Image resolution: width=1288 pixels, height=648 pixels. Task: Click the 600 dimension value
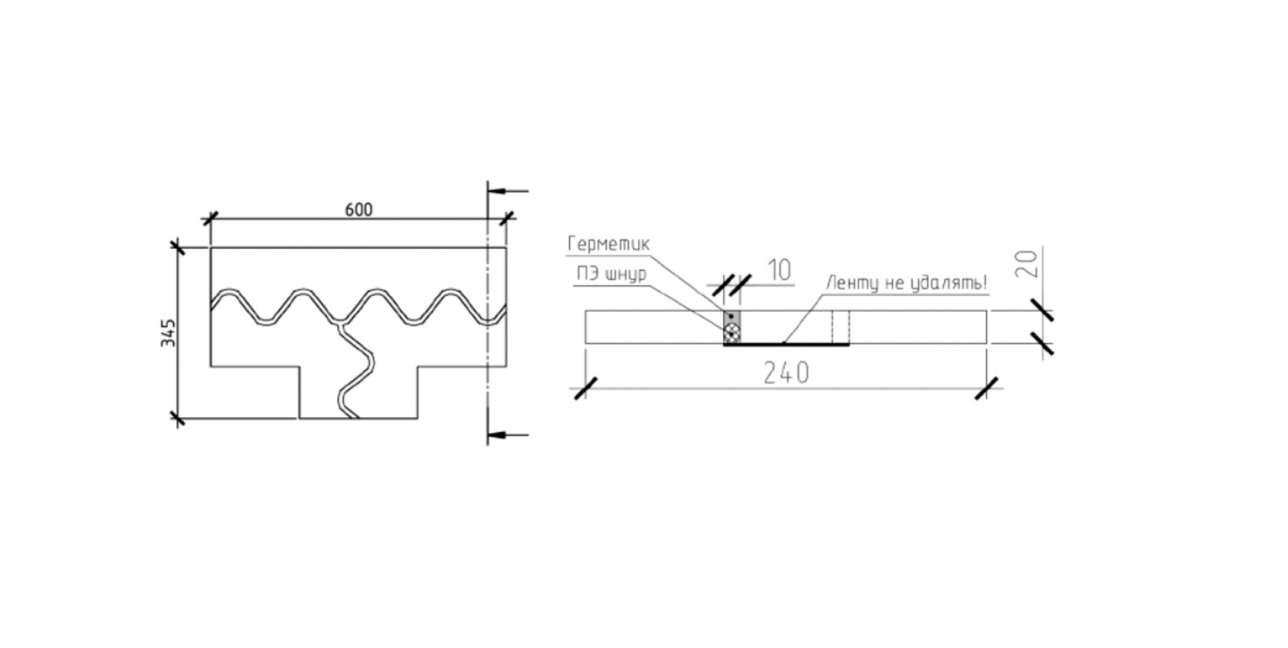click(x=359, y=210)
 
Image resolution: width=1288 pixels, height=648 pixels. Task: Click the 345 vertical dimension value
click(x=168, y=332)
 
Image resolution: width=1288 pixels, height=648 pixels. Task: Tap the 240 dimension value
click(x=787, y=373)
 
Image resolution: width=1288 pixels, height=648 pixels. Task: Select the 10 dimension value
click(x=780, y=270)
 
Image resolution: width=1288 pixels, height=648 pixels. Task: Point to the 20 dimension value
click(x=1027, y=264)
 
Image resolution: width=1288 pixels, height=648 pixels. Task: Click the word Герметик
click(x=608, y=243)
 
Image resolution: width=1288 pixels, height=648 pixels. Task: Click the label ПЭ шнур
click(x=611, y=274)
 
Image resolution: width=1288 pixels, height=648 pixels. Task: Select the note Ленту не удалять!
click(x=907, y=283)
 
